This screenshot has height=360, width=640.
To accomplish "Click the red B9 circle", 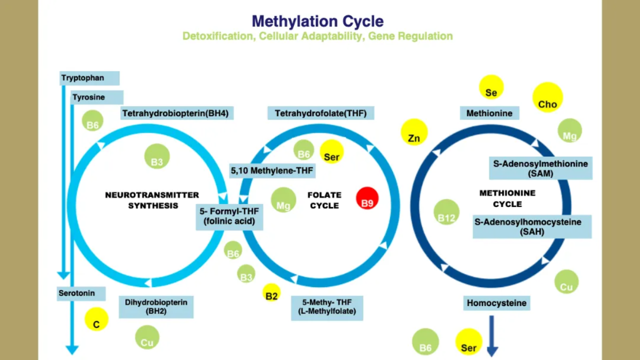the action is pos(367,198).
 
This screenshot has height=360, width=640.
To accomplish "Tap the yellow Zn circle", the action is pos(414,132).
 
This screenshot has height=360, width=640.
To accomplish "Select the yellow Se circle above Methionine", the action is pos(491,87).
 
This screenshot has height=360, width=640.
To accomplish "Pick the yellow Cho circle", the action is pos(547,97).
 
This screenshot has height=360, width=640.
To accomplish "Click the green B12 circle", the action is pos(446,212).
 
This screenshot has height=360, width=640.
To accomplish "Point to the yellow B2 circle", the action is pos(271,292).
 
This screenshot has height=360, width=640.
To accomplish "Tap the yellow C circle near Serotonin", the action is pos(96,319).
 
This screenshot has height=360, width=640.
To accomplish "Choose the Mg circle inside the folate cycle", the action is pos(283,199).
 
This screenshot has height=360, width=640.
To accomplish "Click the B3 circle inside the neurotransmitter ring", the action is pos(157,156).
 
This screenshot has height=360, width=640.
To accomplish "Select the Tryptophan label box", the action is pos(89,78).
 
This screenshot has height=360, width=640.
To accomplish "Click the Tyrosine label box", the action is pos(97,97).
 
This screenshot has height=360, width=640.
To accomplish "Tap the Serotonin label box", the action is pos(81,293).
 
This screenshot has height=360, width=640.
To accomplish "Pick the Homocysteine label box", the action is pos(496,303).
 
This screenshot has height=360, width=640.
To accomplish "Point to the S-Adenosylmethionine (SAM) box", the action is pos(540,168).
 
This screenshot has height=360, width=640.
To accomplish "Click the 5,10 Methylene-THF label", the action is pos(272,170).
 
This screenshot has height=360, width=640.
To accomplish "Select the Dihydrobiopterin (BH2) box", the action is pos(156,307).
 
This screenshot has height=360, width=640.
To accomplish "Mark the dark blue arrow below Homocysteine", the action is pos(492,336).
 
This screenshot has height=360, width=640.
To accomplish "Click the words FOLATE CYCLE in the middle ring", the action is pos(324,200).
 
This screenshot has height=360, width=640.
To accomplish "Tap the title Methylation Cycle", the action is pos(317,21).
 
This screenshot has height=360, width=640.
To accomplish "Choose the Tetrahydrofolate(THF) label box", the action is pos(321,113).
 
